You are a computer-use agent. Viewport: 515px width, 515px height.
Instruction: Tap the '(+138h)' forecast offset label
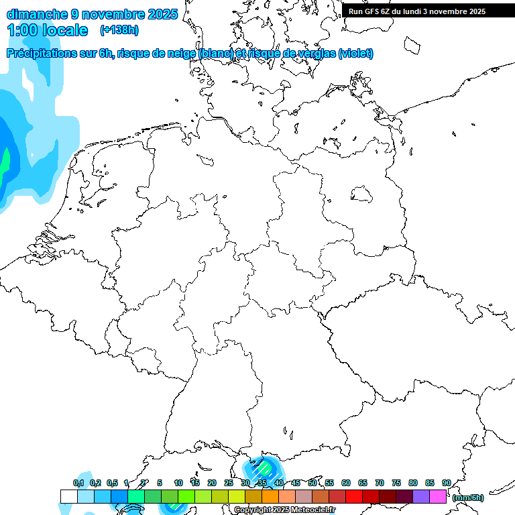(119, 30)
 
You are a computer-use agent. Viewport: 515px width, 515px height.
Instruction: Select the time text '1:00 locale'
(47, 30)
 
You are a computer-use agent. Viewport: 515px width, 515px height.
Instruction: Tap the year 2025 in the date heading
(162, 14)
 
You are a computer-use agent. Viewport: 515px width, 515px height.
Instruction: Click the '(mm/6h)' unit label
(468, 498)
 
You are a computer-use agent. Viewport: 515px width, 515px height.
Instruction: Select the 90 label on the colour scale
(446, 483)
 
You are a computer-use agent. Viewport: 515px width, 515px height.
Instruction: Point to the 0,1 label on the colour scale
(78, 483)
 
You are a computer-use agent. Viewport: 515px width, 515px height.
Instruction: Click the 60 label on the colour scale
(345, 483)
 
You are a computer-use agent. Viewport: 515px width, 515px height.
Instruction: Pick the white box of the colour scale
(68, 497)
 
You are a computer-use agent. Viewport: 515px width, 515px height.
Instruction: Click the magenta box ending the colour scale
(438, 497)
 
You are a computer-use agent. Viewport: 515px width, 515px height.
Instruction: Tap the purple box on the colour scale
(421, 497)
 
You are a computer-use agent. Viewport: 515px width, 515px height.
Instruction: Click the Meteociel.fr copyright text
(285, 510)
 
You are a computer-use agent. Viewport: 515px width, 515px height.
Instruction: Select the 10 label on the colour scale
(178, 483)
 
